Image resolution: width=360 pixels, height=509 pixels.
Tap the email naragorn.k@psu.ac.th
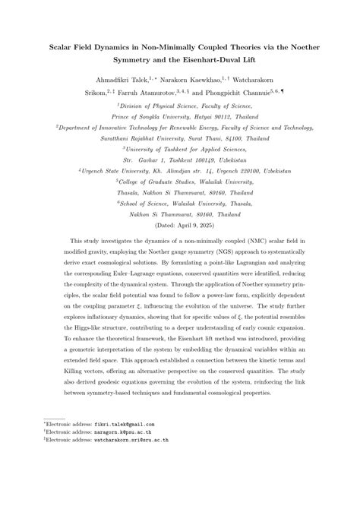[x=119, y=476]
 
